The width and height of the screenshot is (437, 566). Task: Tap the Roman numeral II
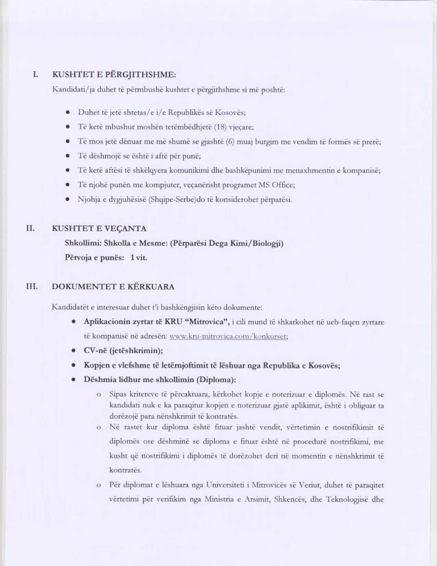pos(31,228)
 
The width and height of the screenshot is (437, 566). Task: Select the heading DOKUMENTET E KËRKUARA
pos(113,287)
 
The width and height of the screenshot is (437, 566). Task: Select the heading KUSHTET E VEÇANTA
pos(99,228)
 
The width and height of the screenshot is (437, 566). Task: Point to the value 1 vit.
pos(139,258)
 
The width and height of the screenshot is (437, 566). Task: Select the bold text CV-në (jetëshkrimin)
pos(123,351)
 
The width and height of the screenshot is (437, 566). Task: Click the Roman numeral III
pos(32,286)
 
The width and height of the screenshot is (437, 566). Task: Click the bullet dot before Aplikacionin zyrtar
pos(73,322)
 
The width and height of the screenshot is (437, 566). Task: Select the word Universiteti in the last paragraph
pos(228,485)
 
